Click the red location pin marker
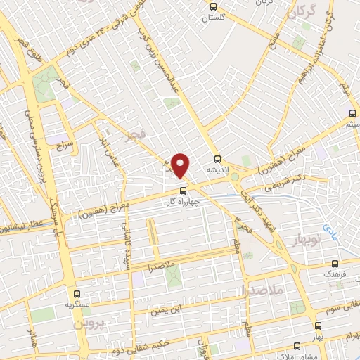(x=181, y=165)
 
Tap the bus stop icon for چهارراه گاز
(x=183, y=190)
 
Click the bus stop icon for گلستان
(x=214, y=6)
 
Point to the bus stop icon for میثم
(x=353, y=113)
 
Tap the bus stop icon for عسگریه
(x=77, y=294)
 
